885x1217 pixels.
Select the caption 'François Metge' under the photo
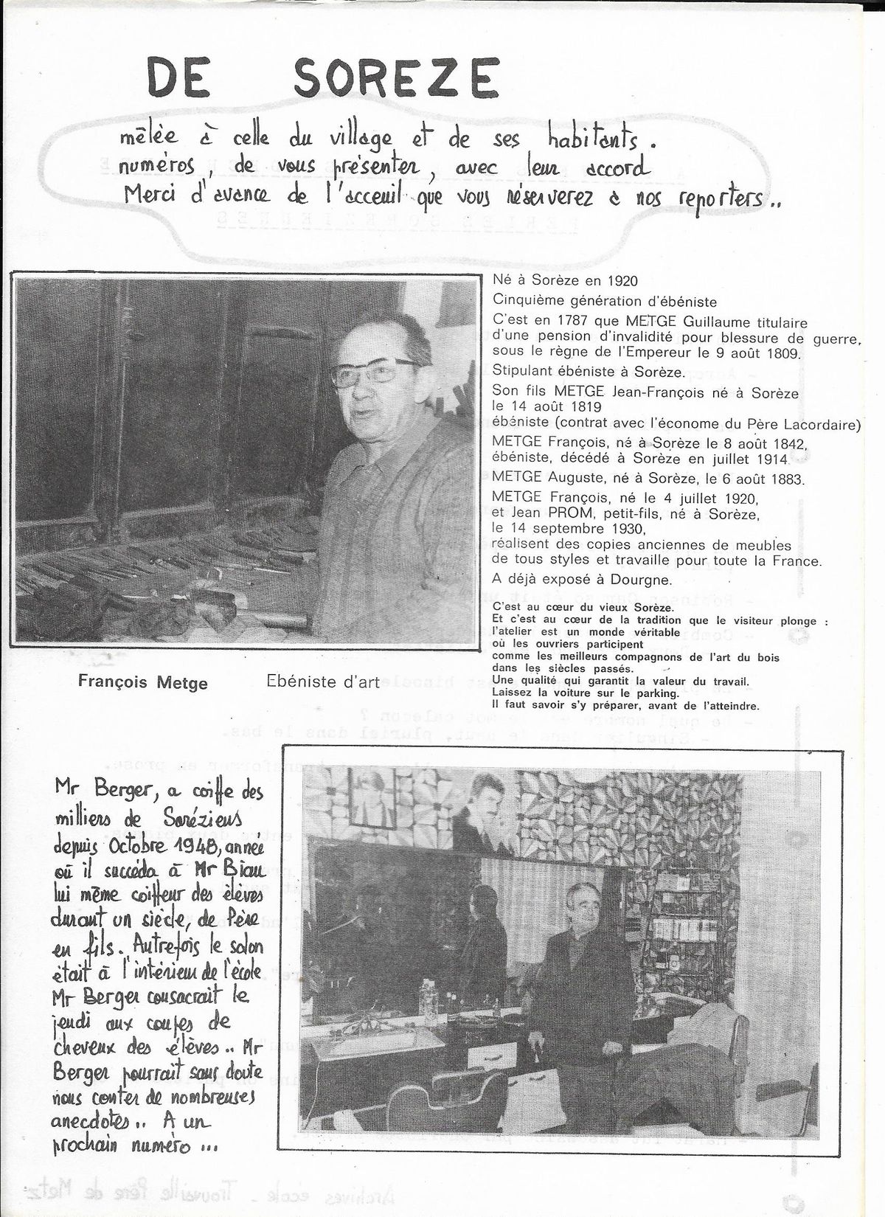coord(142,683)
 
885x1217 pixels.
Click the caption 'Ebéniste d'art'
coord(323,682)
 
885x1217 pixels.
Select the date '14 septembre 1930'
coord(569,529)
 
